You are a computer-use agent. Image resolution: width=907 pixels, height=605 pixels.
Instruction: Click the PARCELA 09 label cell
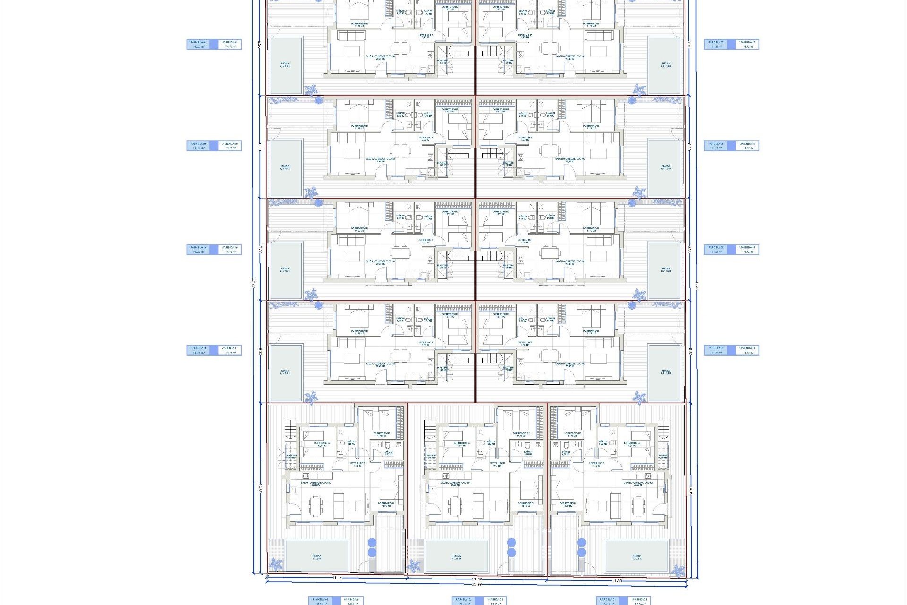pyautogui.click(x=198, y=146)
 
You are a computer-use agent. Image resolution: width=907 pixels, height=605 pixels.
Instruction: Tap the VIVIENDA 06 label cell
pyautogui.click(x=747, y=146)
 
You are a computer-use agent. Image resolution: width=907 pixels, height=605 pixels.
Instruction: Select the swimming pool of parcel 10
pyautogui.click(x=286, y=270)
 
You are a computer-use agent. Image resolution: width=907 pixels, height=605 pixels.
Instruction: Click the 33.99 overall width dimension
pyautogui.click(x=477, y=585)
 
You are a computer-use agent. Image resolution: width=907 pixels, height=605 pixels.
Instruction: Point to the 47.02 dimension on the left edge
pyautogui.click(x=254, y=284)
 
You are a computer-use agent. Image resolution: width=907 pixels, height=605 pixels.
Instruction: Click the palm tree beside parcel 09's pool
pyautogui.click(x=310, y=192)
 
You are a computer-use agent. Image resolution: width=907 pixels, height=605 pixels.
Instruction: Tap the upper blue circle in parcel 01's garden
pyautogui.click(x=372, y=542)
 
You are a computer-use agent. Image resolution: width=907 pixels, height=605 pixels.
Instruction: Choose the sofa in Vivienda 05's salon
pyautogui.click(x=599, y=242)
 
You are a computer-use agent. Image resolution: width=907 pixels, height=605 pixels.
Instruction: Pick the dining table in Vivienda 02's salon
pyautogui.click(x=455, y=506)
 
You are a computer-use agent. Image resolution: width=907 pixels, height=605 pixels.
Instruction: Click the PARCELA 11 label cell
pyautogui.click(x=198, y=350)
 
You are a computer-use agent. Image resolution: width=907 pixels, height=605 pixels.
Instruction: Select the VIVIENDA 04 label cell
pyautogui.click(x=747, y=350)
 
